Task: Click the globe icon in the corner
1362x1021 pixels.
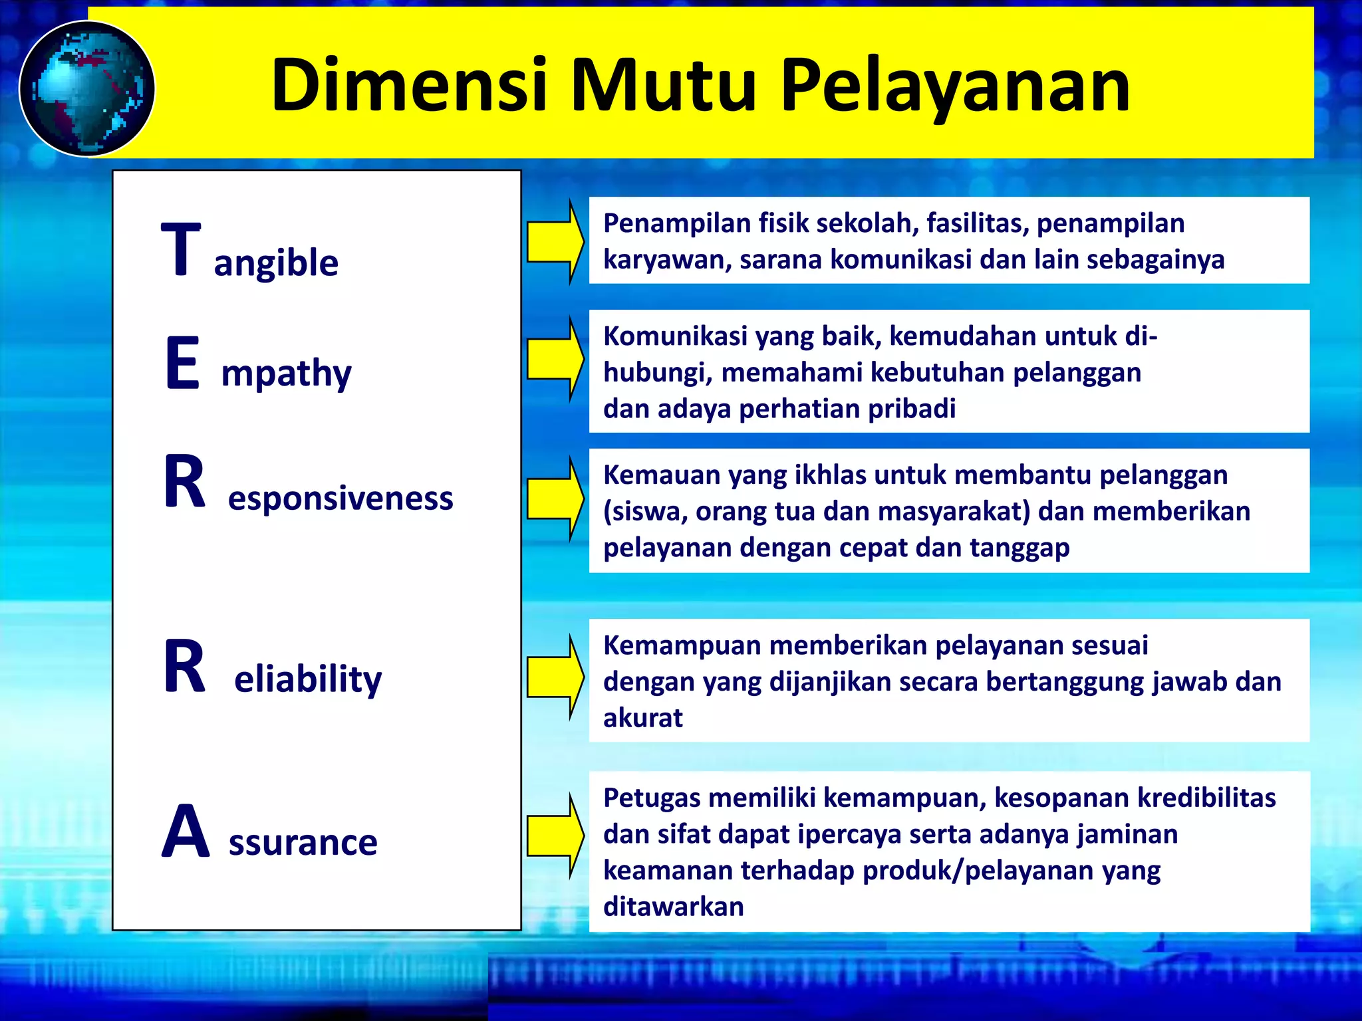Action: coord(87,89)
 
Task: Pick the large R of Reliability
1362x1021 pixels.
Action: coord(185,667)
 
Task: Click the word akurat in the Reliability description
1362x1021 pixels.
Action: coord(642,719)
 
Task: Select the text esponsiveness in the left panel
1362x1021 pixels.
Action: coord(340,499)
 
